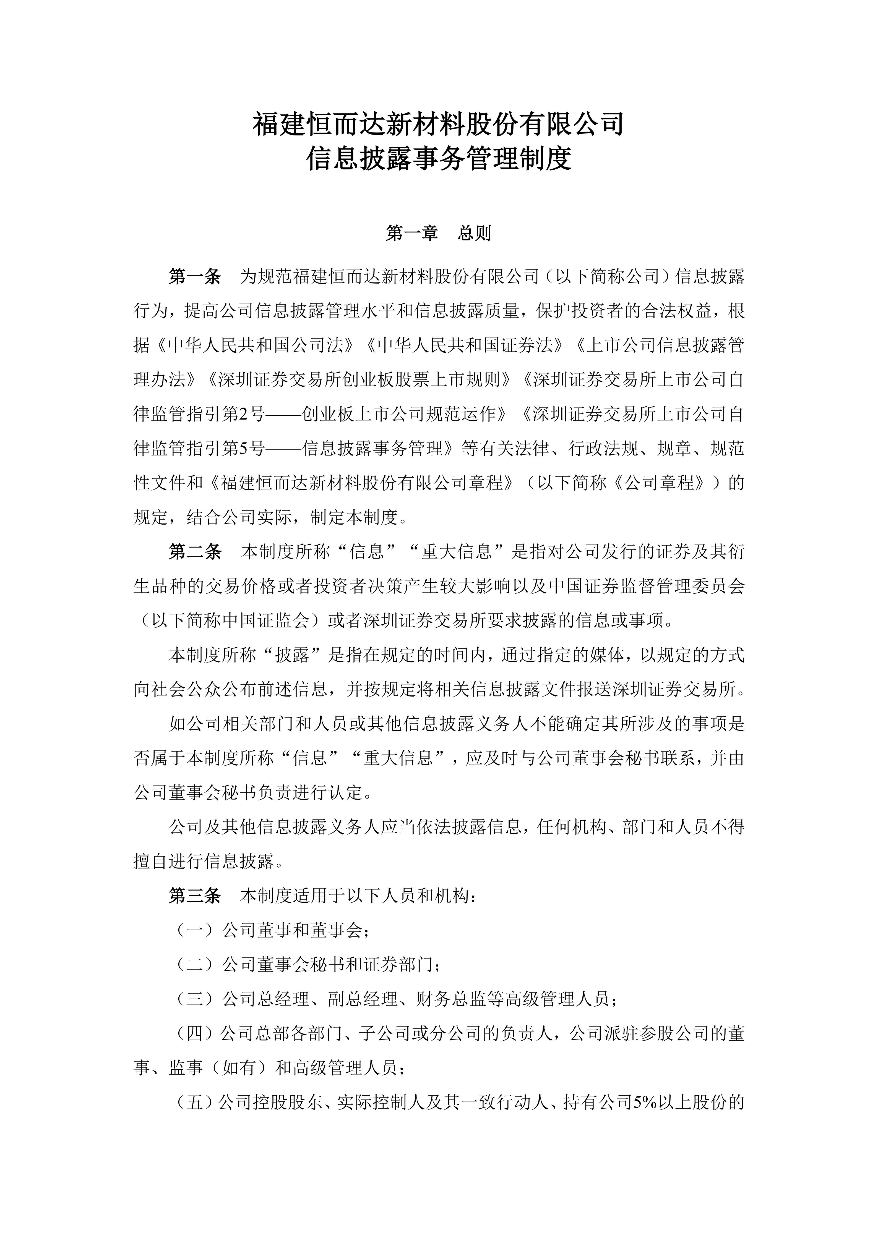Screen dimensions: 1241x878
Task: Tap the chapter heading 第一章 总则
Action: pyautogui.click(x=439, y=233)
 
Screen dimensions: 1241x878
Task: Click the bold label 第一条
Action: pyautogui.click(x=195, y=277)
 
